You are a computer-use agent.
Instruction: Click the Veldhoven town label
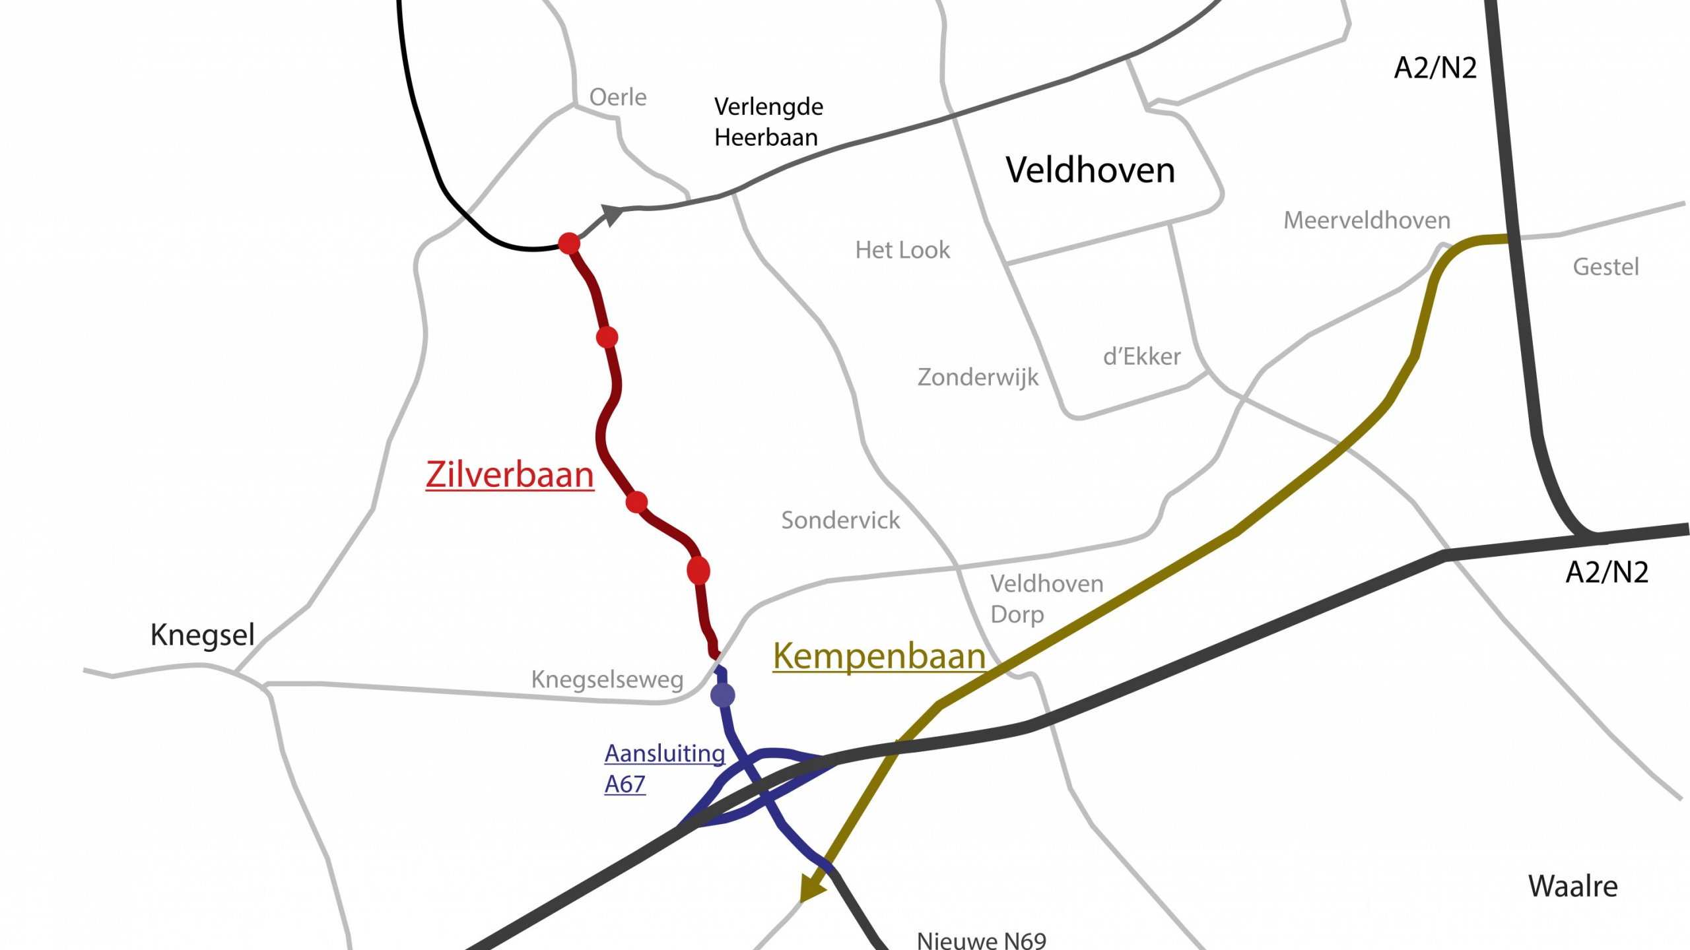click(x=1090, y=170)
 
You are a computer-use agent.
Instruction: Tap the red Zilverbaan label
click(x=509, y=475)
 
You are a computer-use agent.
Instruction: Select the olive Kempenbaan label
click(x=879, y=656)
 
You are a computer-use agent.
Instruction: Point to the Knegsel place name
click(x=202, y=635)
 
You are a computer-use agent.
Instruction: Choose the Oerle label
click(x=617, y=98)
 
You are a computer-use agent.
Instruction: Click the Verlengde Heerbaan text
click(x=768, y=122)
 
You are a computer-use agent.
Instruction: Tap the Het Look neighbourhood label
click(x=902, y=251)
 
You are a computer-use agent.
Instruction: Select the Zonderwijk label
click(x=978, y=378)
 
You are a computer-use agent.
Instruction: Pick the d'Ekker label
click(x=1141, y=357)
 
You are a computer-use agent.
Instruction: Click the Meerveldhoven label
click(x=1367, y=220)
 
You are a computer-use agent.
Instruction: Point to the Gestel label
click(x=1605, y=267)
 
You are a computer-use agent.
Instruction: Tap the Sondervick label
click(x=840, y=521)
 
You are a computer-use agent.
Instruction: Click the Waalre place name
click(x=1572, y=887)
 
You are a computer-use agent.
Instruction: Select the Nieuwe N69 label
click(x=982, y=940)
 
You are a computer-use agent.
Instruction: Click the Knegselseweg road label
click(x=607, y=680)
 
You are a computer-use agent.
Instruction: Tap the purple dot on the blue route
click(x=723, y=695)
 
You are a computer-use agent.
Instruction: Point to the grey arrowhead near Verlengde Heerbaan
click(x=611, y=214)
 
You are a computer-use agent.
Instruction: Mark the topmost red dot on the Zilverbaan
click(x=569, y=243)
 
